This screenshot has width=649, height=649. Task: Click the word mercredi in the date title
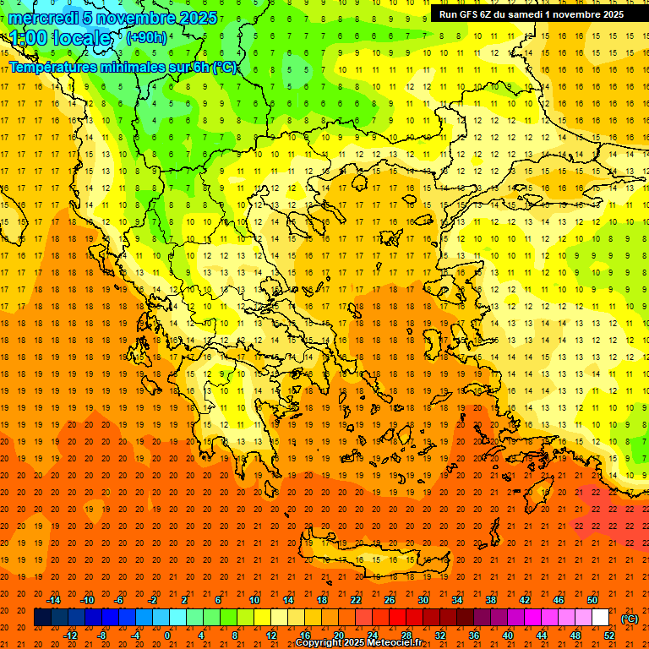tap(44, 18)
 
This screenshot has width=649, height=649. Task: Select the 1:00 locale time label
tap(60, 38)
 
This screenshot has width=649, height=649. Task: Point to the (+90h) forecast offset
tap(146, 38)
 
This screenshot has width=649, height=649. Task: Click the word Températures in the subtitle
tap(54, 68)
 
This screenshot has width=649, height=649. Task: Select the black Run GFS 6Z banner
tap(532, 14)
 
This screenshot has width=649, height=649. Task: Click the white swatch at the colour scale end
tap(600, 618)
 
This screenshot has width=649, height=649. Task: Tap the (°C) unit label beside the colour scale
tap(629, 619)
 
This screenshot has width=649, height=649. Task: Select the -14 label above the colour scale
tap(53, 600)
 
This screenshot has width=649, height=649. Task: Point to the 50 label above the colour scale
tap(592, 600)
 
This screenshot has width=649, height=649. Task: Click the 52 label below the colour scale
tap(608, 635)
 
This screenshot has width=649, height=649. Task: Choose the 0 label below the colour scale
tap(167, 635)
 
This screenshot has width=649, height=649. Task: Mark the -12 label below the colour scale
tap(70, 635)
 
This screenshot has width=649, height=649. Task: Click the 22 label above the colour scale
tap(356, 600)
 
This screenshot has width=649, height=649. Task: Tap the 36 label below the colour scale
tap(473, 635)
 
